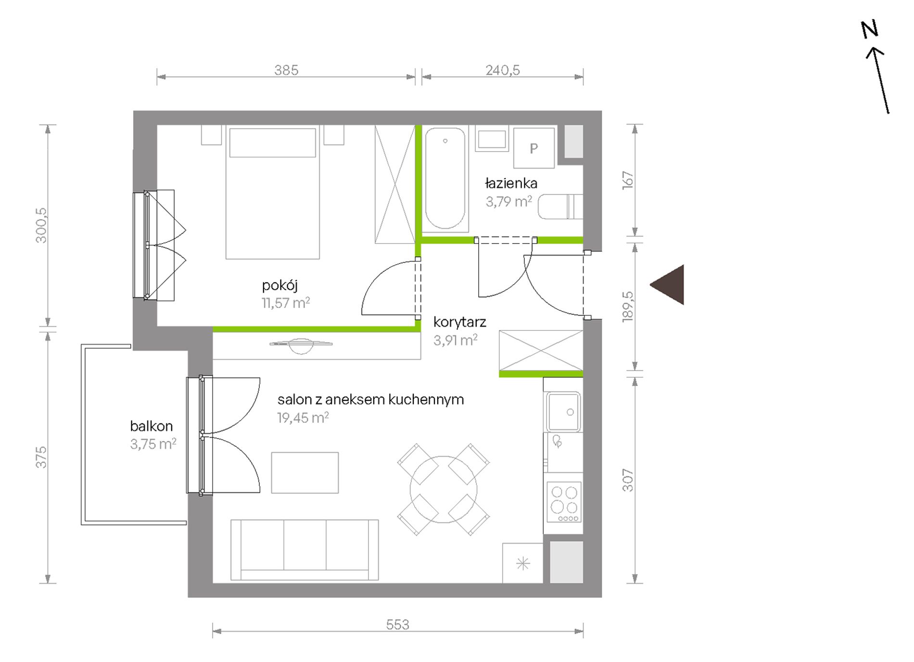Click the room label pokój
point(279,286)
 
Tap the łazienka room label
point(511,183)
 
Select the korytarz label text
point(459,322)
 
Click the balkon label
point(151,426)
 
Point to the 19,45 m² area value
point(303,417)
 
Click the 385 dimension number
point(286,70)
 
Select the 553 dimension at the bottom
point(397,624)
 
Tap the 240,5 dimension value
point(503,70)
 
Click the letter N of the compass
point(870,29)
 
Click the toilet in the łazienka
point(560,207)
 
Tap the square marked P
point(533,148)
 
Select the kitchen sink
point(563,412)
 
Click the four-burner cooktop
point(564,502)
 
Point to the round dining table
point(444,490)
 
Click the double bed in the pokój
point(273,193)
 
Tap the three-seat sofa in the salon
point(305,550)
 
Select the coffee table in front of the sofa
point(305,473)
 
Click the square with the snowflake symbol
point(523,563)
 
